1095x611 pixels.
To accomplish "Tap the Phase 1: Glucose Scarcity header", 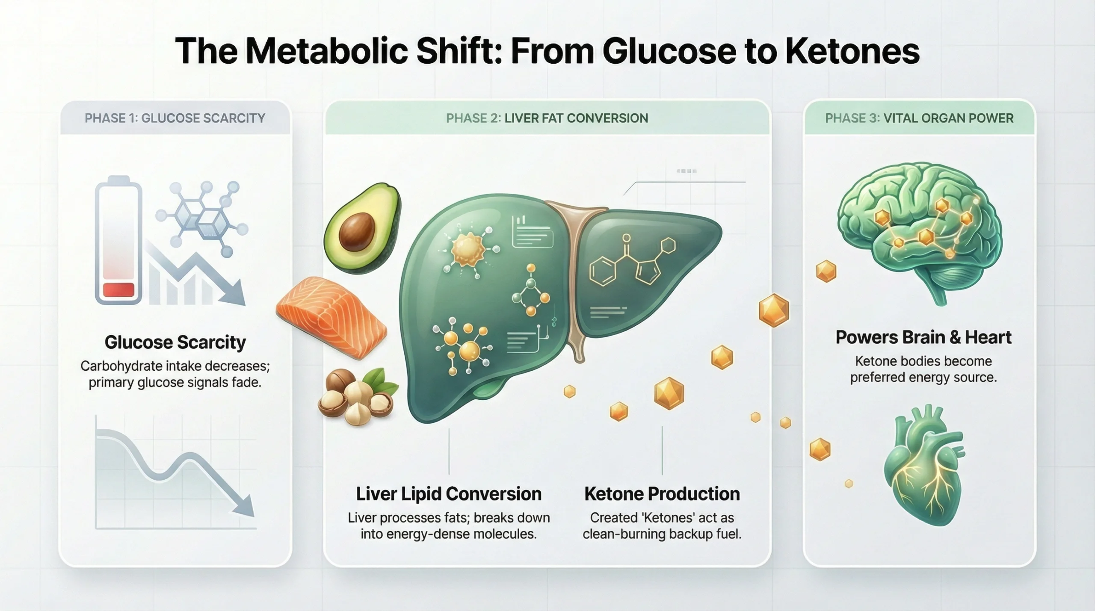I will tap(175, 118).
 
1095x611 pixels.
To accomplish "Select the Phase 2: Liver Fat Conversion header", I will tap(547, 118).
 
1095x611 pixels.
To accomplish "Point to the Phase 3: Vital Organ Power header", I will tap(919, 118).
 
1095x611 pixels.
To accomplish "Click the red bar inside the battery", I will tap(118, 289).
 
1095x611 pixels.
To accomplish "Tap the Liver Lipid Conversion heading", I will tap(449, 494).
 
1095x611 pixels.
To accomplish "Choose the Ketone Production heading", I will tap(662, 494).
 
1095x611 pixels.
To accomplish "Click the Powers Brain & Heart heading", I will tap(923, 337).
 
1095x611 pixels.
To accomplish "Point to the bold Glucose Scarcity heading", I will tap(175, 342).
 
